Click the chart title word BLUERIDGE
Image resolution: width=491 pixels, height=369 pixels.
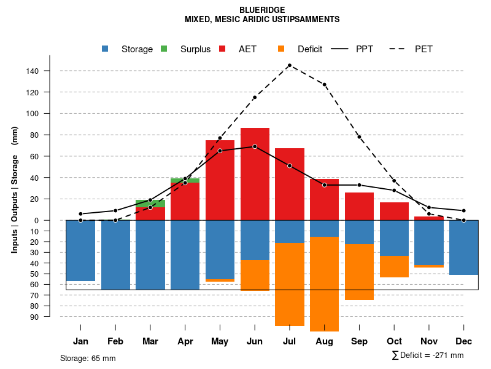click(x=262, y=10)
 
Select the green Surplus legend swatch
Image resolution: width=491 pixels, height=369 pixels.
click(x=164, y=49)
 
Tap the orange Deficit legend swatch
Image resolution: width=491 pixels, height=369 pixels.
click(x=281, y=49)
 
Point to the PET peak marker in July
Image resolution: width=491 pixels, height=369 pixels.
click(x=289, y=65)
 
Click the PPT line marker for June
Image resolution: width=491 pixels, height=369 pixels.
click(x=255, y=146)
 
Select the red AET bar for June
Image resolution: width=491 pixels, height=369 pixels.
click(x=255, y=178)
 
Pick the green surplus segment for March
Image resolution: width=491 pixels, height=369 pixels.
click(x=150, y=204)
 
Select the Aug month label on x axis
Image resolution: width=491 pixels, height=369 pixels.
click(x=324, y=341)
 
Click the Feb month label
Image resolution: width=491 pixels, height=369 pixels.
click(x=115, y=341)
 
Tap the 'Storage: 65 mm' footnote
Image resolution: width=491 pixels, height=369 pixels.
click(x=88, y=358)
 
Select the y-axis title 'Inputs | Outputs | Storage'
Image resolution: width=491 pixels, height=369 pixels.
click(x=15, y=191)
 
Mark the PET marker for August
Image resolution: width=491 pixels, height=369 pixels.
click(x=324, y=84)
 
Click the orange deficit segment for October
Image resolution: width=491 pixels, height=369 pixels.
click(x=394, y=266)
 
